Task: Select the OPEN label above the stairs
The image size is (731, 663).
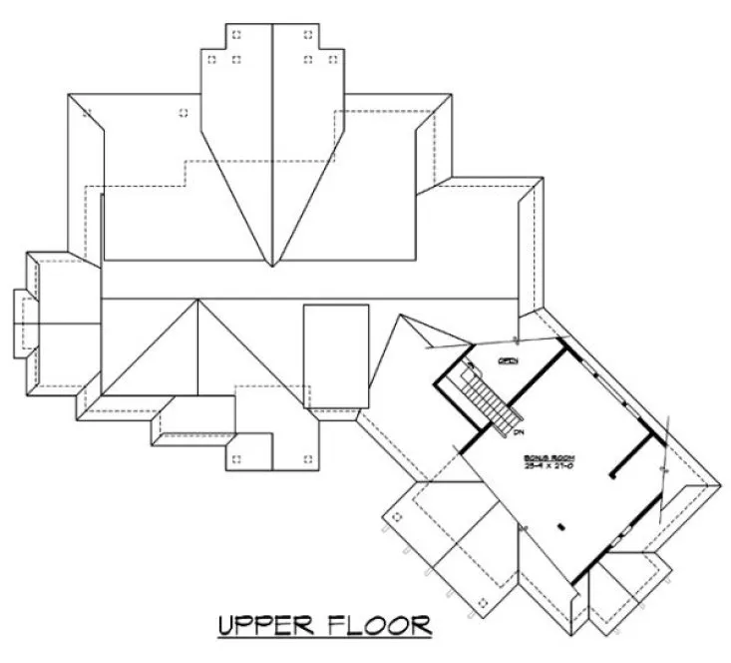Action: pyautogui.click(x=508, y=360)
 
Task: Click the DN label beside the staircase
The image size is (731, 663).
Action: pyautogui.click(x=520, y=431)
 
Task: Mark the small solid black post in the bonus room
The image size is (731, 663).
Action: pyautogui.click(x=560, y=525)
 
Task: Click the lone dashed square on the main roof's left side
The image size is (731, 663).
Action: pyautogui.click(x=182, y=112)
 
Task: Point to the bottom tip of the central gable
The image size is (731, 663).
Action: pyautogui.click(x=272, y=266)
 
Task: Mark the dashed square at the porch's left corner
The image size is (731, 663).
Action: pyautogui.click(x=396, y=516)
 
